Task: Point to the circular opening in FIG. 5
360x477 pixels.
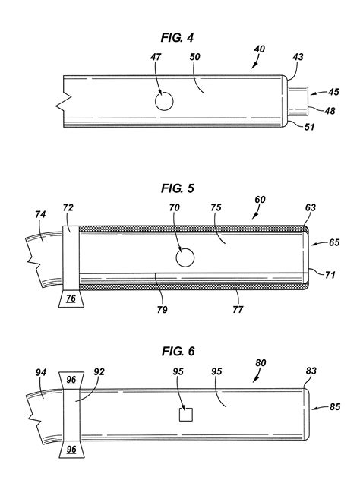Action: coord(185,259)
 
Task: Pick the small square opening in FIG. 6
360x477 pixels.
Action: coord(185,413)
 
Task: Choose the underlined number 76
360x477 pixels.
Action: coord(71,300)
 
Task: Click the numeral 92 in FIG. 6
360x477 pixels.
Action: coord(99,372)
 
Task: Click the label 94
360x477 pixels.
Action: coord(40,372)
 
